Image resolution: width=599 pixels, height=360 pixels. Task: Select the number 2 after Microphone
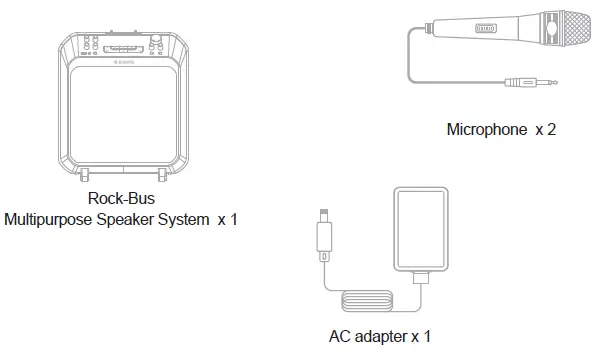pos(551,130)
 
